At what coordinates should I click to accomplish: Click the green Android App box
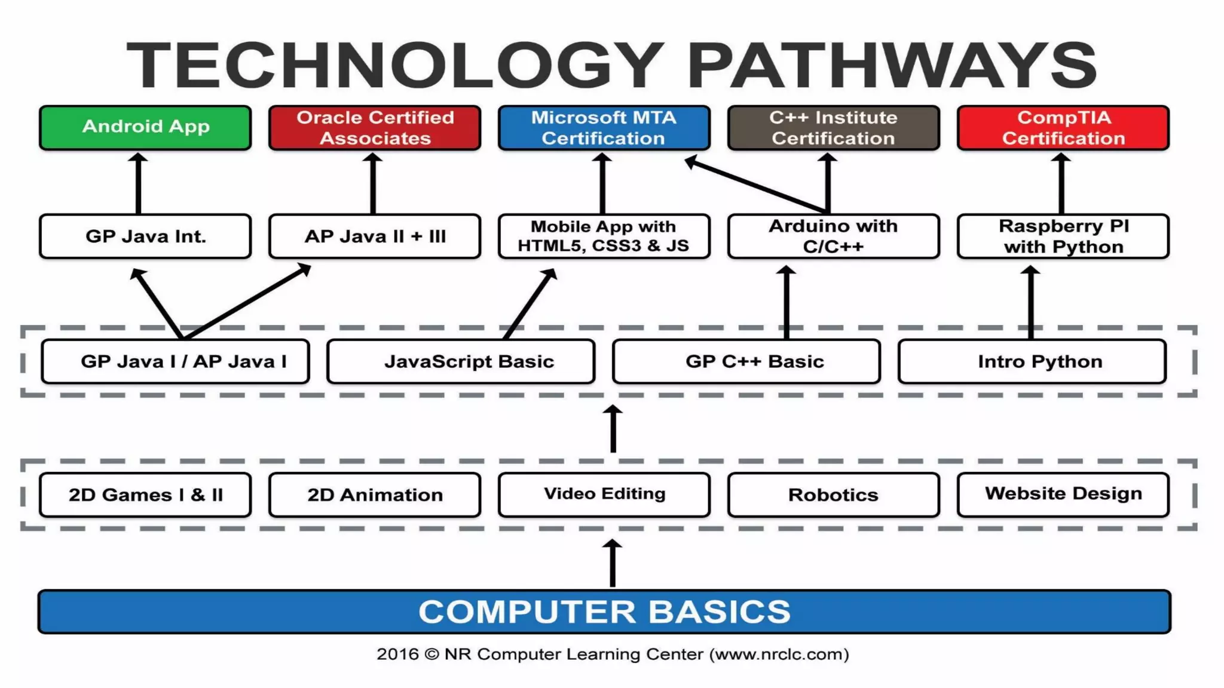[x=145, y=127]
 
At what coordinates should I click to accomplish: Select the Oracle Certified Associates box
[x=375, y=127]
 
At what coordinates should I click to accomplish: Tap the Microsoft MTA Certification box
[x=604, y=127]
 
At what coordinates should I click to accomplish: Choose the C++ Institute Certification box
[x=833, y=127]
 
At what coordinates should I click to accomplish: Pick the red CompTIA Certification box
[x=1063, y=127]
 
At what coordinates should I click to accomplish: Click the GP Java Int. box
[x=145, y=236]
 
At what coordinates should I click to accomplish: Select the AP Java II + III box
[x=375, y=236]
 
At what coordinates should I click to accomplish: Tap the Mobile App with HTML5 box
[x=604, y=236]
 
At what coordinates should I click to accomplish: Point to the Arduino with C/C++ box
[x=833, y=236]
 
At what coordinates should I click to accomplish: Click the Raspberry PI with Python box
[x=1063, y=236]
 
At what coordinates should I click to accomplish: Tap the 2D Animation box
[x=375, y=494]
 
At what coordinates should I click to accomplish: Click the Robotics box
[x=833, y=494]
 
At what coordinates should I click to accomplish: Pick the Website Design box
[x=1063, y=494]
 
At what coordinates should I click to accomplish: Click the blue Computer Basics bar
[x=604, y=612]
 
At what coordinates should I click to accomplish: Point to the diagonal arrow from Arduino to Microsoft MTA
[x=756, y=185]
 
